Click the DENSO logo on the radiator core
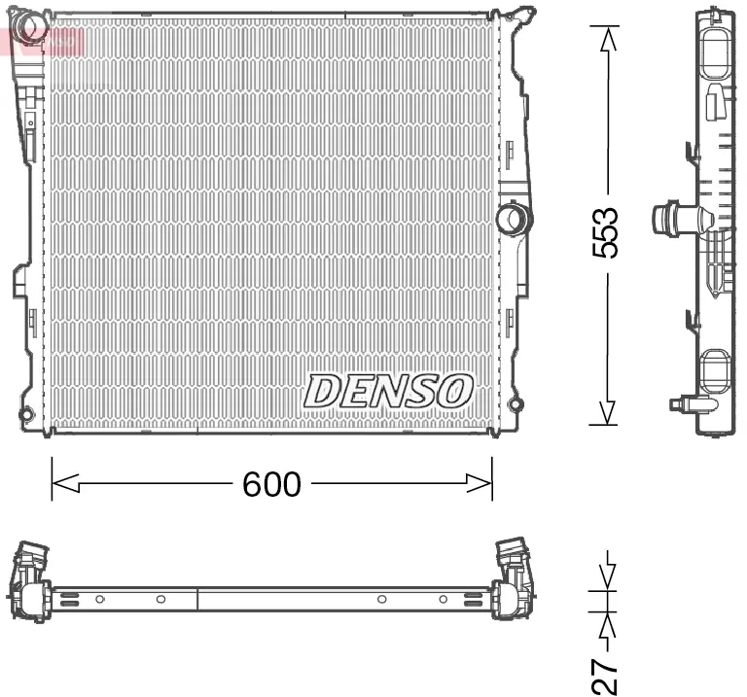click(388, 391)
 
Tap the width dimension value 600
click(271, 483)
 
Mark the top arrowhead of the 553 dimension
click(607, 39)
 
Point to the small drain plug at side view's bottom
click(681, 404)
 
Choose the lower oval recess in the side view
click(717, 371)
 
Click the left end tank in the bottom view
click(29, 583)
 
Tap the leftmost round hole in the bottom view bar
click(99, 600)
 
